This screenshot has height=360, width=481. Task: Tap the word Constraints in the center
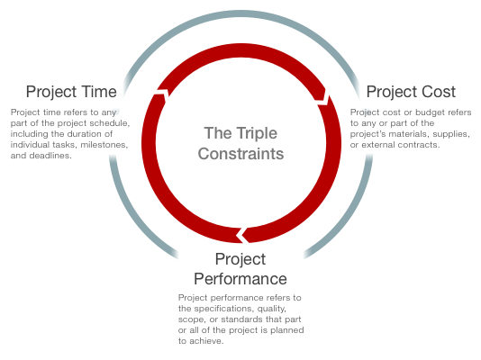pyautogui.click(x=240, y=154)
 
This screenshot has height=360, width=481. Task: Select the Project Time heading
pyautogui.click(x=71, y=92)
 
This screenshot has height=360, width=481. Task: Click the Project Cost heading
pyautogui.click(x=411, y=92)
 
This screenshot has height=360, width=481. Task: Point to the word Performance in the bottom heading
pyautogui.click(x=240, y=279)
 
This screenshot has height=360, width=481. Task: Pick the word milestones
pyautogui.click(x=104, y=145)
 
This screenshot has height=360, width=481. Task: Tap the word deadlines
pyautogui.click(x=50, y=156)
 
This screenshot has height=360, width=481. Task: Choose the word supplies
pyautogui.click(x=451, y=134)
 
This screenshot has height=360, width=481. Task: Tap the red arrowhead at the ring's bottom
pyautogui.click(x=242, y=235)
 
